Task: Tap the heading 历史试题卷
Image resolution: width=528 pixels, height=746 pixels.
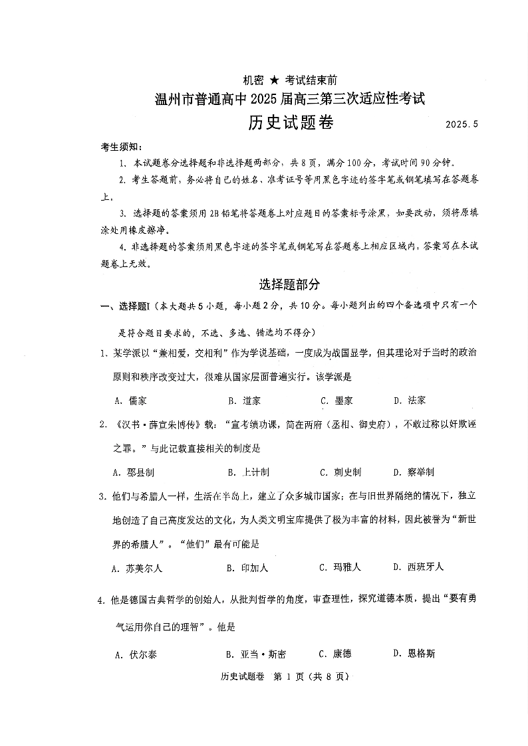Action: [291, 122]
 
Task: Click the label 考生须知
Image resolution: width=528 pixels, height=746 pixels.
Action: [121, 147]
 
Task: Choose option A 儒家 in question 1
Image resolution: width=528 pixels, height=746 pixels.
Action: [131, 401]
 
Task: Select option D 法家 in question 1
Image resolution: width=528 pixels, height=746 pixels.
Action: [410, 401]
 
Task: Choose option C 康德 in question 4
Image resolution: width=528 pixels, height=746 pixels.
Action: [336, 654]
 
